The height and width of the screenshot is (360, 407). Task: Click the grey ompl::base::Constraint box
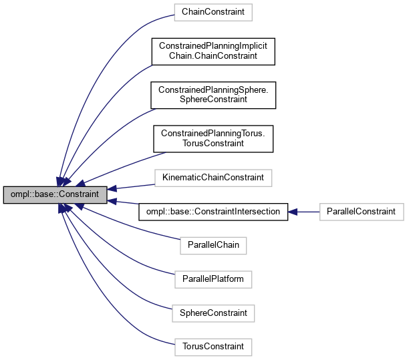tap(55, 194)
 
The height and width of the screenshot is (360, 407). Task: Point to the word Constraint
tap(81, 194)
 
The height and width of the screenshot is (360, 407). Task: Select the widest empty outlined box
tap(213, 178)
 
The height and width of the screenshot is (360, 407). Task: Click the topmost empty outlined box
tap(213, 12)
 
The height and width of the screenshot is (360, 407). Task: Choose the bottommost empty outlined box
tap(213, 347)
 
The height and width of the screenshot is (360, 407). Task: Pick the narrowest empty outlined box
tap(213, 246)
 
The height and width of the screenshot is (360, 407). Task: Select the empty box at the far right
tap(362, 212)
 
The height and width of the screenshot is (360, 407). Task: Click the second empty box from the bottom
tap(213, 313)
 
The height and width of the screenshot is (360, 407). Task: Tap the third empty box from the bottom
tap(213, 279)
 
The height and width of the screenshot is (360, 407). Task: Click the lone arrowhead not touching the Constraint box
tap(292, 212)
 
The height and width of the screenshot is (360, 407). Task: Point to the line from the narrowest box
tap(134, 227)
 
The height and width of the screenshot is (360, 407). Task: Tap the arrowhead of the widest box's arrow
tap(112, 189)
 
